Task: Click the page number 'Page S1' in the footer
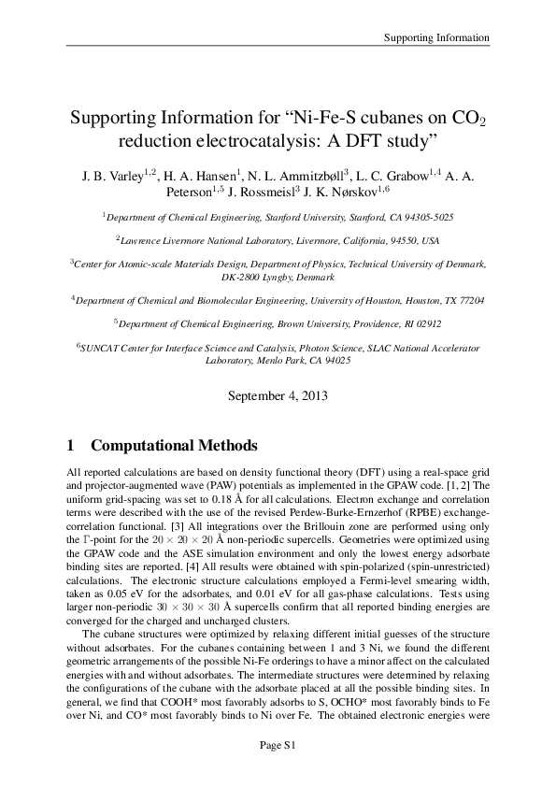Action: point(278,745)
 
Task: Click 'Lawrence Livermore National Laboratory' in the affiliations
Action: point(210,240)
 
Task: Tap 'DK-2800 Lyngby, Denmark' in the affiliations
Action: point(278,279)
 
